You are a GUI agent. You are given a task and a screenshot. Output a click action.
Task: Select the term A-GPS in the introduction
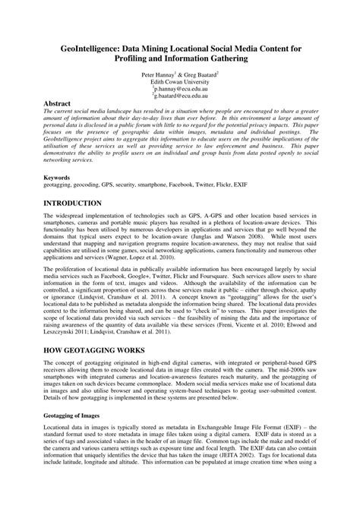(201, 220)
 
